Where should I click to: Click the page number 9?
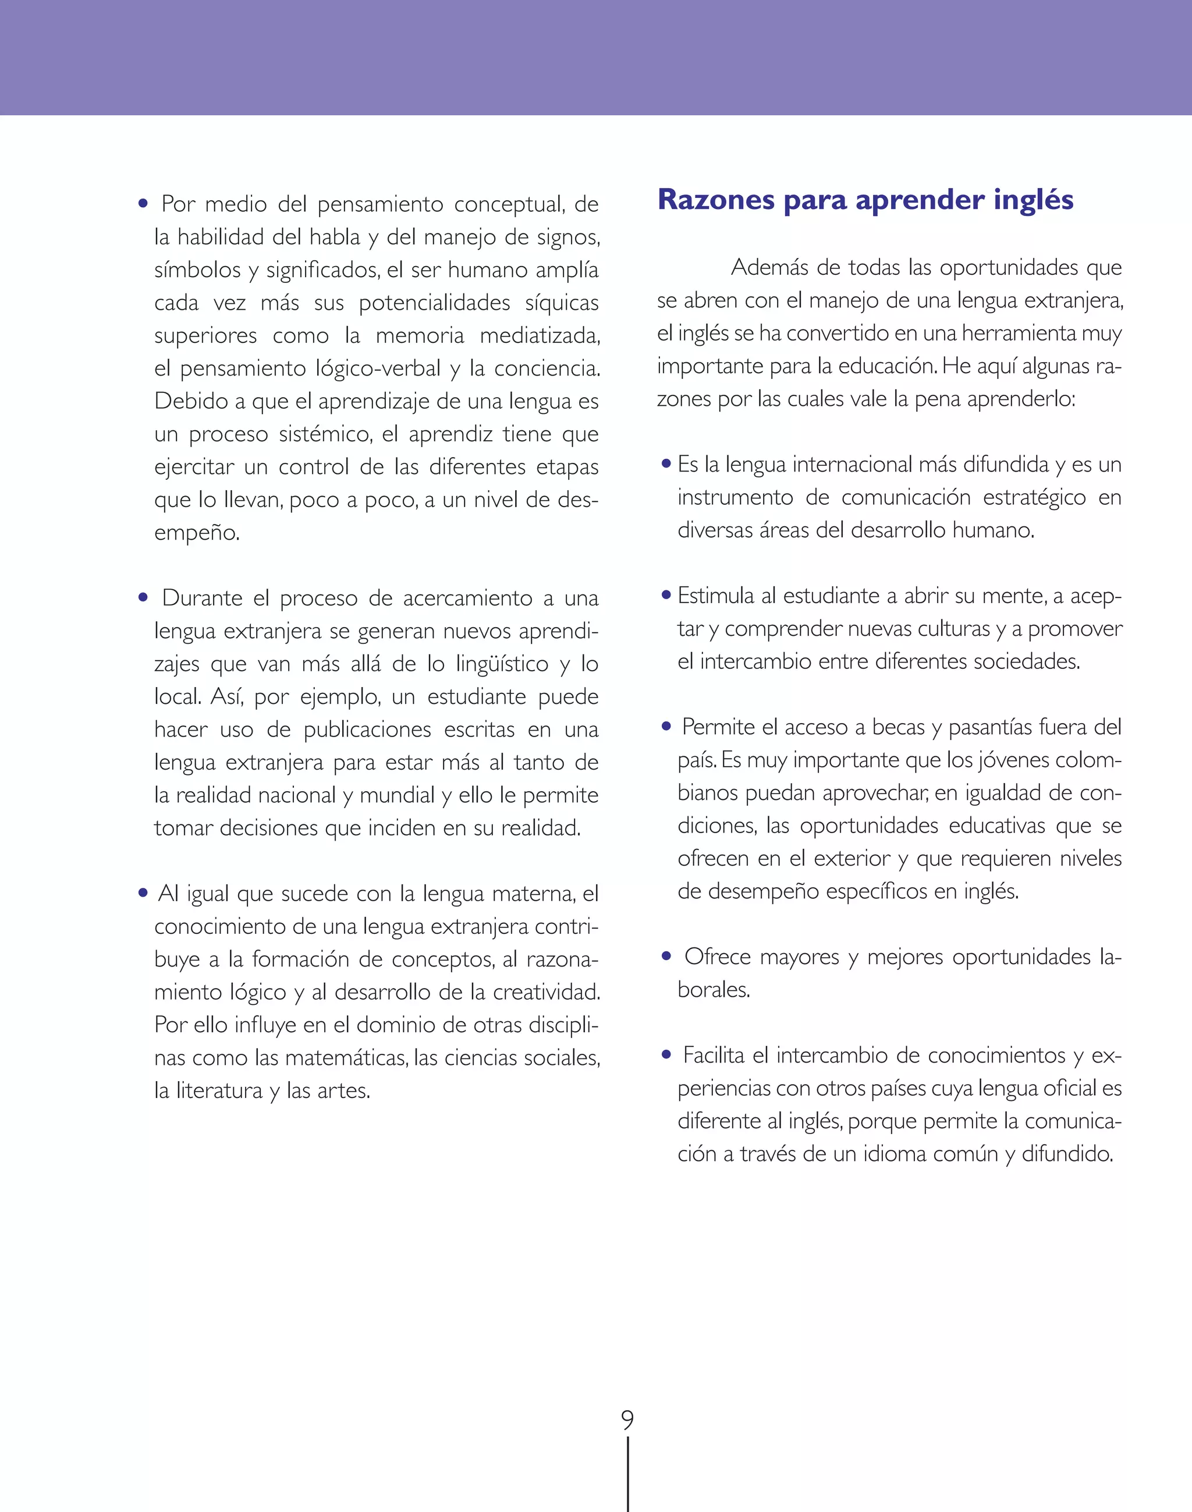[x=627, y=1420]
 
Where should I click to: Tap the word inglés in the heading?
[x=1033, y=201]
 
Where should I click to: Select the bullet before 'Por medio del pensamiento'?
[x=143, y=204]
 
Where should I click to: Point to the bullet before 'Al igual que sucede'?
[x=143, y=893]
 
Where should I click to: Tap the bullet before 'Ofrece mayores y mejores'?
[x=666, y=957]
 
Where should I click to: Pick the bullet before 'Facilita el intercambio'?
[x=666, y=1055]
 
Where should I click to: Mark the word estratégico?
[x=1034, y=498]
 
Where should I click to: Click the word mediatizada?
[x=540, y=336]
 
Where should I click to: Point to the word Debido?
[x=185, y=401]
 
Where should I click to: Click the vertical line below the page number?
[x=628, y=1473]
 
